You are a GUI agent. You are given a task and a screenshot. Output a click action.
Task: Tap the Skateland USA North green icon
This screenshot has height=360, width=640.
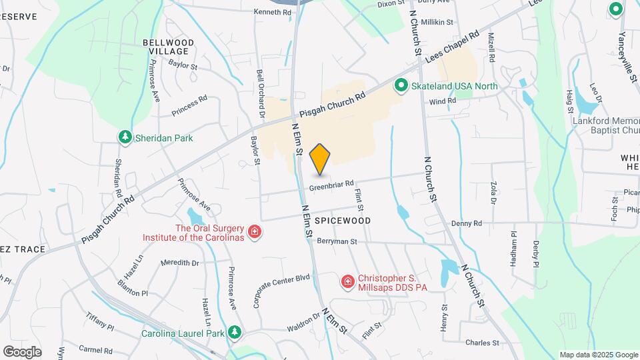pos(401,85)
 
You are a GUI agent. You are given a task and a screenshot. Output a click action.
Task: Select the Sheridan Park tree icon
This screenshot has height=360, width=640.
pos(125,137)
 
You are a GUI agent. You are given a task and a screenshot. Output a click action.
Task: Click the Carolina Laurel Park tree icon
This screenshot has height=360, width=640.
pos(234,332)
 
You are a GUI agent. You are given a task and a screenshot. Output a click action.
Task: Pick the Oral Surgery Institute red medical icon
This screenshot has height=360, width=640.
pos(254,232)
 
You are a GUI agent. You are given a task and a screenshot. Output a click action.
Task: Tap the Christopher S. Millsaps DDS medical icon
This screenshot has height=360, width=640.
pos(347,283)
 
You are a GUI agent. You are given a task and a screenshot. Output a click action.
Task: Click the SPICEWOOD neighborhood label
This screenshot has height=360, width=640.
pos(342,220)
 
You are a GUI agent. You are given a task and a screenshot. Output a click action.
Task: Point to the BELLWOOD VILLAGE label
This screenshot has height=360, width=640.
pos(169,47)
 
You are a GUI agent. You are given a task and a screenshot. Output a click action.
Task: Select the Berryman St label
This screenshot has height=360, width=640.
pos(337,241)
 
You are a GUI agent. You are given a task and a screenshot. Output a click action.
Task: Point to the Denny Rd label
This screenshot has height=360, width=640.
pos(466,223)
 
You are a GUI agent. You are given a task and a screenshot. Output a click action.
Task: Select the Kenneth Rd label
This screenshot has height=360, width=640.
pos(273,12)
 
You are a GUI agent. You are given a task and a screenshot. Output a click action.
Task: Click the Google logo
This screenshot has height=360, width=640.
pos(22,351)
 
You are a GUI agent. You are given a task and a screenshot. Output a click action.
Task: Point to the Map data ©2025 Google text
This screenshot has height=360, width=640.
pos(597,355)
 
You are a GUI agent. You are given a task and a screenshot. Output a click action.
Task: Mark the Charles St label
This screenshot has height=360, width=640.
pos(482,343)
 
